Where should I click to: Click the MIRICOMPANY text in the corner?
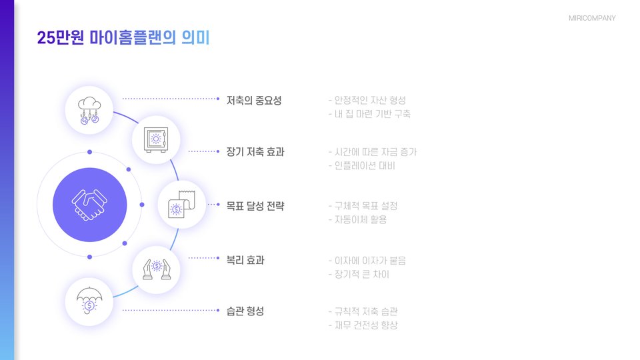click(592, 18)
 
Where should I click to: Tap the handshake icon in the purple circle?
click(89, 205)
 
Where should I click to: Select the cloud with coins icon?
click(89, 110)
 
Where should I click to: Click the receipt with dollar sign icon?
click(181, 205)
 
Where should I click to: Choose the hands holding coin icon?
click(156, 269)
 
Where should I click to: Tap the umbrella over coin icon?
click(89, 301)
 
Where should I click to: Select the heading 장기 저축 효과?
click(255, 152)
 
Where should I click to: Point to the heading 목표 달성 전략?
click(255, 205)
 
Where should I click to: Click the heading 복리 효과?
click(245, 260)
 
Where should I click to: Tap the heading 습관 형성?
click(245, 311)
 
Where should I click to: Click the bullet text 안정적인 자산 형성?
click(370, 101)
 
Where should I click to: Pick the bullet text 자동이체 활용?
click(360, 219)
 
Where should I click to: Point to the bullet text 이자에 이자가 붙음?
click(370, 260)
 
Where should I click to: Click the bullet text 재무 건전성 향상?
click(366, 325)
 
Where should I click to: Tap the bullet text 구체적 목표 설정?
click(366, 206)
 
